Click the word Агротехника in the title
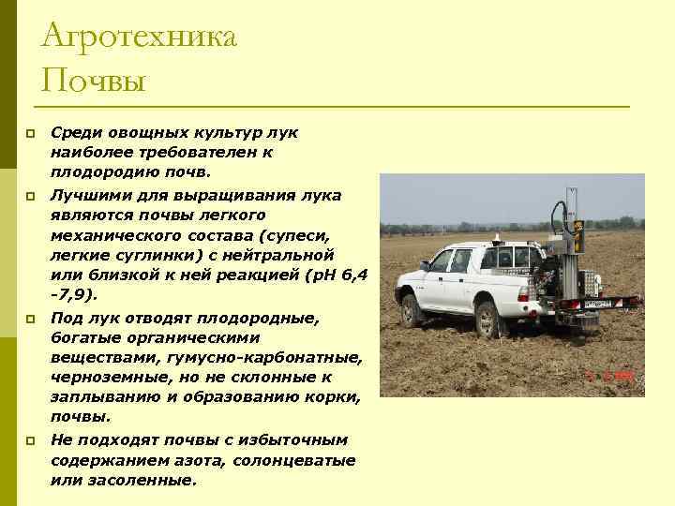tap(140, 38)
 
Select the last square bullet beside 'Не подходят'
tap(30, 439)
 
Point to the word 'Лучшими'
tap(87, 194)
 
